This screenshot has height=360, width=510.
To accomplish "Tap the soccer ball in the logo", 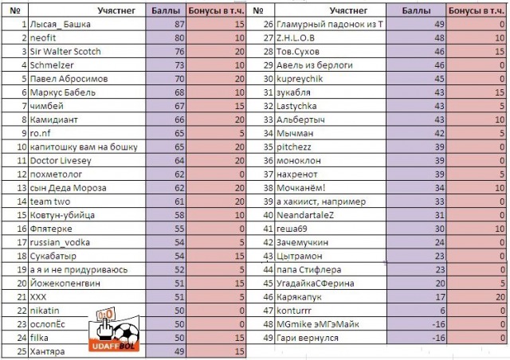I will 127,335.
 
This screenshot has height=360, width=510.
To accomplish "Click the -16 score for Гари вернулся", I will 414,337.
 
